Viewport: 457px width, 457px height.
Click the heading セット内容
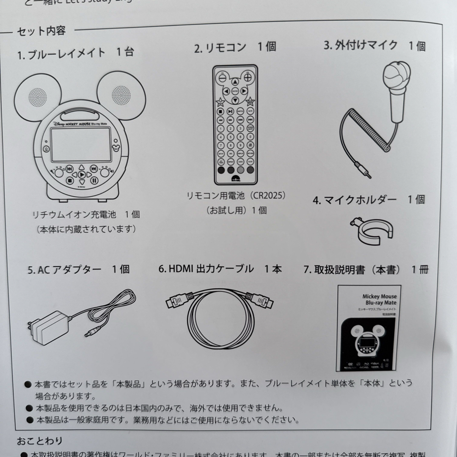(x=41, y=31)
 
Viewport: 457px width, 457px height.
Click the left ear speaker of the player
(x=38, y=96)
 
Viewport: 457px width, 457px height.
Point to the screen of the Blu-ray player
(x=81, y=144)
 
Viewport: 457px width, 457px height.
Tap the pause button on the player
(x=94, y=181)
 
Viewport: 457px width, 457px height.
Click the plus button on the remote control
(x=247, y=77)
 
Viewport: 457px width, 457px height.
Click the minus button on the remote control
(x=223, y=78)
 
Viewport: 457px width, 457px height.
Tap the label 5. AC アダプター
(x=78, y=270)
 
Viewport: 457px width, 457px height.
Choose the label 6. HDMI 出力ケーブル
(x=220, y=269)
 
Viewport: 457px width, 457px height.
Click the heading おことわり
(x=40, y=441)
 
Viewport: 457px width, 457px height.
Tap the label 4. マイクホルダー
(x=369, y=200)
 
